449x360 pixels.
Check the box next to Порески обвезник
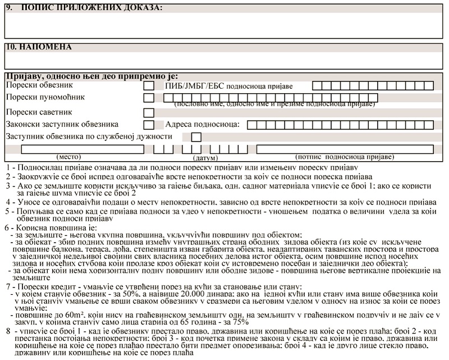point(149,86)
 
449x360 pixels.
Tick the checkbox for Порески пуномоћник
point(149,98)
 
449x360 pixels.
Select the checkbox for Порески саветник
point(149,112)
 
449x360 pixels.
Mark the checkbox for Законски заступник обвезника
point(149,125)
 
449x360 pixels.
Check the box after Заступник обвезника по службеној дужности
point(196,137)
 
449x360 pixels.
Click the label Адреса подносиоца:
point(202,124)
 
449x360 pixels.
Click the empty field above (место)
point(82,149)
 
